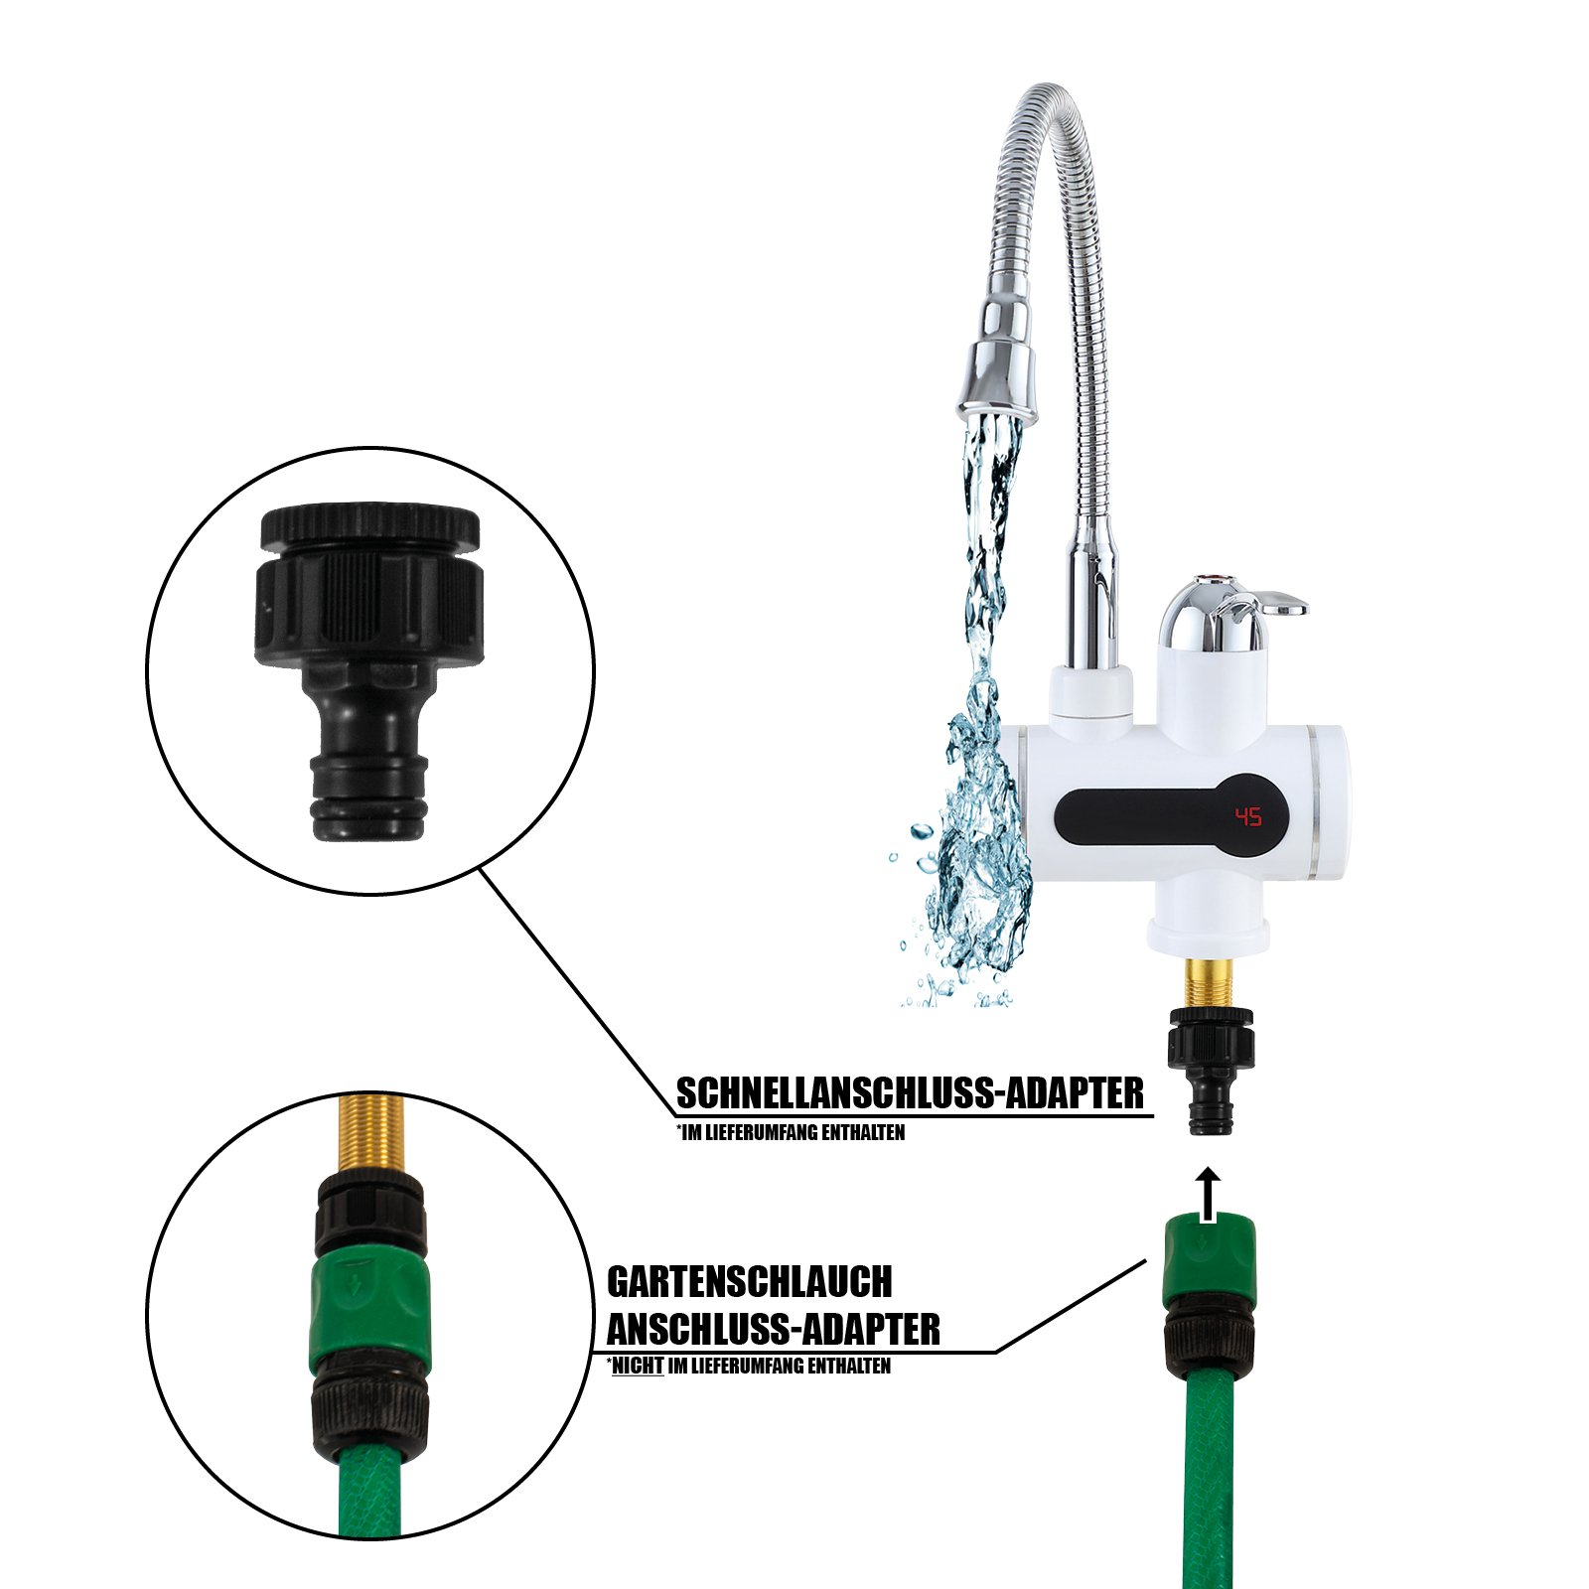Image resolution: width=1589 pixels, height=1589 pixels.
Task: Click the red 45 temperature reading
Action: pyautogui.click(x=1248, y=816)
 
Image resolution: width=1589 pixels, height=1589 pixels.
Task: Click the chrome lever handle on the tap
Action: pyautogui.click(x=1261, y=602)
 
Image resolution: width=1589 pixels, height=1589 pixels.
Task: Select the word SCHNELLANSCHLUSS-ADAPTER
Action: pyautogui.click(x=910, y=1093)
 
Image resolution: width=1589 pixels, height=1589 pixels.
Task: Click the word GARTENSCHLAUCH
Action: pyautogui.click(x=750, y=1282)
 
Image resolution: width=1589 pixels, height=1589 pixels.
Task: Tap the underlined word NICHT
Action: pyautogui.click(x=638, y=1367)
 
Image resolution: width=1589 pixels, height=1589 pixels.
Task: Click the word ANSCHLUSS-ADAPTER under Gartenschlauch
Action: pyautogui.click(x=773, y=1330)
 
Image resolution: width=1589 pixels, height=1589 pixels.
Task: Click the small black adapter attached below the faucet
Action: pyautogui.click(x=1211, y=1071)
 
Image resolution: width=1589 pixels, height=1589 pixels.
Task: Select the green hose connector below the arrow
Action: pyautogui.click(x=1210, y=1261)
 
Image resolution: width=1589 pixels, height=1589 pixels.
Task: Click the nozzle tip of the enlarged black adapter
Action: pyautogui.click(x=370, y=799)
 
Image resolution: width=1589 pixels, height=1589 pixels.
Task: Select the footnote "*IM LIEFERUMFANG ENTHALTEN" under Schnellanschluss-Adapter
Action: pyautogui.click(x=791, y=1132)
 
